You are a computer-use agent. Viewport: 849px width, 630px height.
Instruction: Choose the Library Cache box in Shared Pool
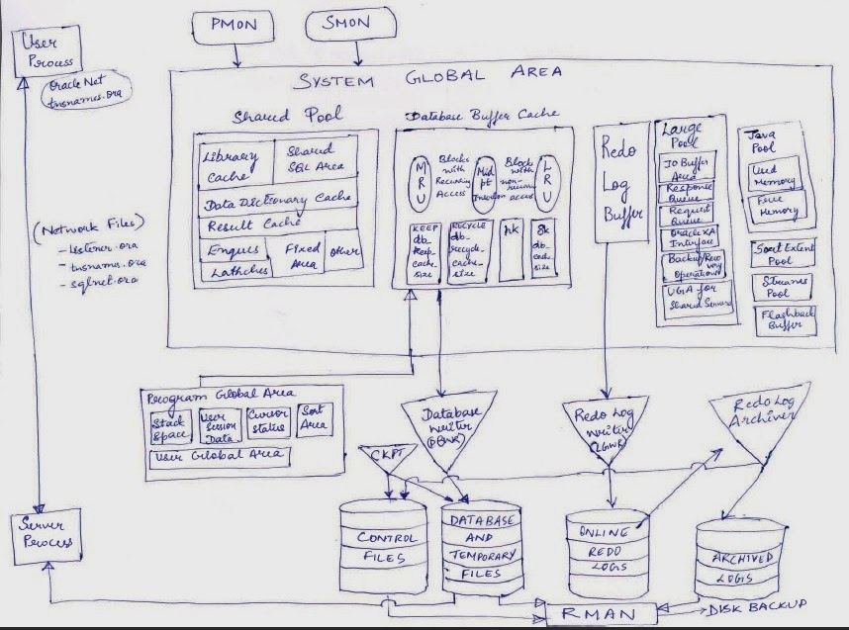click(x=230, y=166)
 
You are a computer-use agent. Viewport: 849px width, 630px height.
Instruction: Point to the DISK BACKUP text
click(x=757, y=604)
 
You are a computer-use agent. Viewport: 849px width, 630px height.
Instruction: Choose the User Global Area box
click(x=219, y=457)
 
